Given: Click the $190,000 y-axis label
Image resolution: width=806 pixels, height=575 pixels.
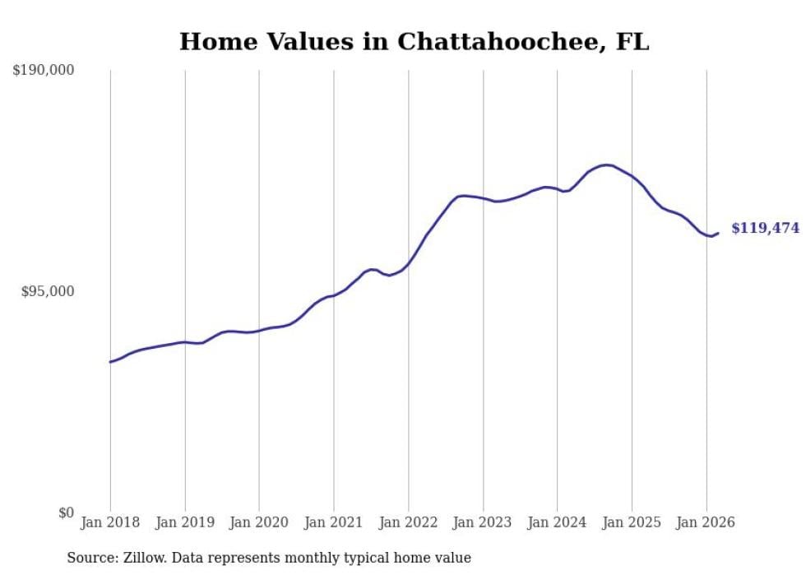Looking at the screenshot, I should point(44,71).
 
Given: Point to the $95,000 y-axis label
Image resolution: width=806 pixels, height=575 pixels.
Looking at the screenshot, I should point(47,292).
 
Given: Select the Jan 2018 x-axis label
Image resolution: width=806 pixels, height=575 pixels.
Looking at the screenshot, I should point(110,522).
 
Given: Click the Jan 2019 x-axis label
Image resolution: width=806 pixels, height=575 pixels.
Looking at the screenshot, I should point(185,522).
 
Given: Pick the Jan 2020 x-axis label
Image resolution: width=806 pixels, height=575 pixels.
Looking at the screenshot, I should point(259,522).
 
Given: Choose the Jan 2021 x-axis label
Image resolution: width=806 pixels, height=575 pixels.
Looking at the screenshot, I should point(334,522).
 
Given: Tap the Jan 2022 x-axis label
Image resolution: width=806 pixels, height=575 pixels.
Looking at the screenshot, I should point(408,522).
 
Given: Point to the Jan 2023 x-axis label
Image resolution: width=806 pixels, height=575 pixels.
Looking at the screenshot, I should point(483,522).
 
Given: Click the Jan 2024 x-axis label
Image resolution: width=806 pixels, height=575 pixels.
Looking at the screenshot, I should point(557,522).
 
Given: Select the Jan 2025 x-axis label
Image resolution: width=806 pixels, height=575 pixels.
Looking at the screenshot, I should point(632,522).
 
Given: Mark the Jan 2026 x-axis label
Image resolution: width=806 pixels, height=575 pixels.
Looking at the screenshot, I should point(706,522).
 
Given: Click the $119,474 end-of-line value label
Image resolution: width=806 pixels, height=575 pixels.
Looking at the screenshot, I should point(765,229).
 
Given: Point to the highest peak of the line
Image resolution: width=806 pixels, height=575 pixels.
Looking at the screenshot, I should point(606,165).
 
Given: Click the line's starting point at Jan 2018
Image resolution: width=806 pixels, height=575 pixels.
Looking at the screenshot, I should point(110,362).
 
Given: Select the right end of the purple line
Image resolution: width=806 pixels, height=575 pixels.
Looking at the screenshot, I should point(718,233).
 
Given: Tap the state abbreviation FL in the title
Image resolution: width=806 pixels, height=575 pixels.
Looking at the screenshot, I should point(632,42).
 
